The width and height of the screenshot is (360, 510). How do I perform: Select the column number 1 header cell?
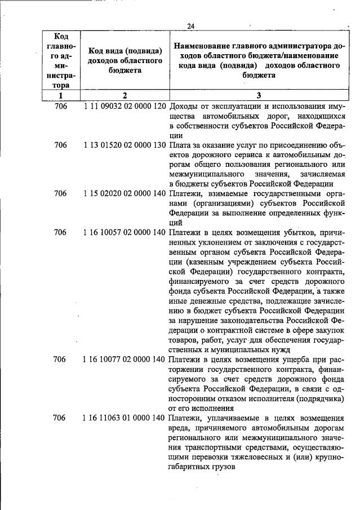pyautogui.click(x=60, y=96)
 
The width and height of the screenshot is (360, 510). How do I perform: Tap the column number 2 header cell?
pyautogui.click(x=125, y=96)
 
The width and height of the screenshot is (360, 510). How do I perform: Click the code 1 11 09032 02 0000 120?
pyautogui.click(x=125, y=107)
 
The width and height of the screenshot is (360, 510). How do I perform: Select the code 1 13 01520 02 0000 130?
pyautogui.click(x=125, y=145)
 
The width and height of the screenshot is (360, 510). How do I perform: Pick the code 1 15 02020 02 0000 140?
pyautogui.click(x=125, y=193)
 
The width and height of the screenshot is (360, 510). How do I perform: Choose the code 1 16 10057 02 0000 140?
pyautogui.click(x=125, y=232)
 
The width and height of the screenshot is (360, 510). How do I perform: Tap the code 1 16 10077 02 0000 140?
pyautogui.click(x=125, y=358)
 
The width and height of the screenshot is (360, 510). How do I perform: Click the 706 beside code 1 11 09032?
pyautogui.click(x=60, y=107)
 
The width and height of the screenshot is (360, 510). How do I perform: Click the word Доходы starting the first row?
pyautogui.click(x=184, y=107)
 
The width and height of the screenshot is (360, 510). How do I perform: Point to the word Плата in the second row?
pyautogui.click(x=180, y=145)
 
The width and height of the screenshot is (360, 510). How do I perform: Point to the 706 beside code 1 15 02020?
pyautogui.click(x=60, y=193)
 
